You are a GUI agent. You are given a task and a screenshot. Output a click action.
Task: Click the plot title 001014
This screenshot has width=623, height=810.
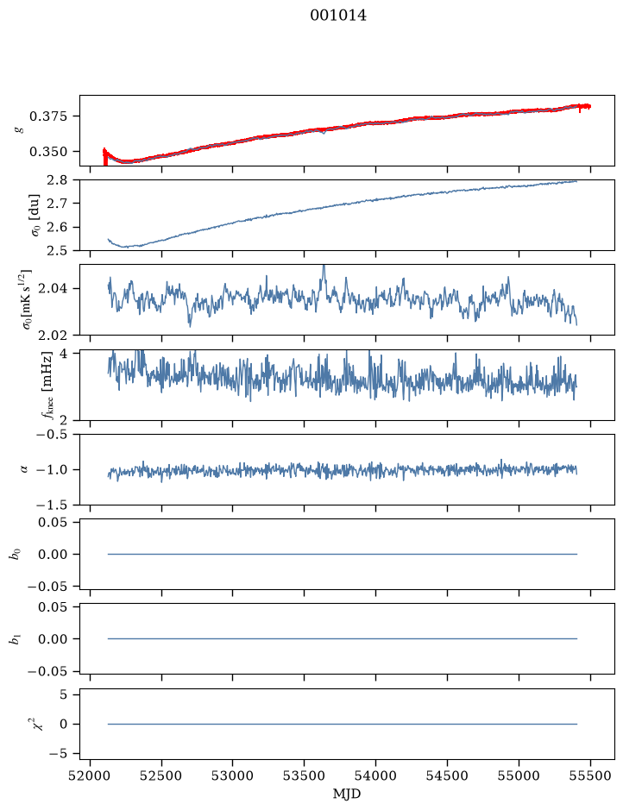[x=338, y=16]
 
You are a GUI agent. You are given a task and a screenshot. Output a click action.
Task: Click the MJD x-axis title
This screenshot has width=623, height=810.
[x=347, y=794]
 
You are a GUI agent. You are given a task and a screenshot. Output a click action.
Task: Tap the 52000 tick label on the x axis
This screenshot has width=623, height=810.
[x=91, y=775]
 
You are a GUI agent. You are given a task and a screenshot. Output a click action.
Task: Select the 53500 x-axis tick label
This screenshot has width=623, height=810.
[x=305, y=775]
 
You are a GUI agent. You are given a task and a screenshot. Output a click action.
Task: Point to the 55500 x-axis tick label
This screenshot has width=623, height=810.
[x=590, y=775]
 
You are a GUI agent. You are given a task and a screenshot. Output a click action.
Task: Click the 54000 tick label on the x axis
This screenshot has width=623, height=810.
[x=375, y=775]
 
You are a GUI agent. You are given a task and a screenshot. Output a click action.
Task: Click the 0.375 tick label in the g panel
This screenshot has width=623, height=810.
[x=48, y=116]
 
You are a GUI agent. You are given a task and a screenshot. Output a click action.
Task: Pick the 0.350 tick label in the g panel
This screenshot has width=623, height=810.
[x=48, y=152]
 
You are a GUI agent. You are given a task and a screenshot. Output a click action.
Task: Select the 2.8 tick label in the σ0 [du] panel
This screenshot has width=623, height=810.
[x=56, y=180]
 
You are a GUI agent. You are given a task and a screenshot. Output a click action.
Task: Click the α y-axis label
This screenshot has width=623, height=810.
[x=24, y=469]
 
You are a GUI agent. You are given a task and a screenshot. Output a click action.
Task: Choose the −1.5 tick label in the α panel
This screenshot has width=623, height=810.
[x=52, y=505]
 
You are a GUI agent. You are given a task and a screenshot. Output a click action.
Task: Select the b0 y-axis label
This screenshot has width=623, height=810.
[x=16, y=554]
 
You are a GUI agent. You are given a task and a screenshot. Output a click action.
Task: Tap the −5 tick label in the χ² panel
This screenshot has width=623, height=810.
[x=59, y=754]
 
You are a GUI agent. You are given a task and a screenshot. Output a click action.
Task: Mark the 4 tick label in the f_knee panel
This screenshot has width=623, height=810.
[x=63, y=354]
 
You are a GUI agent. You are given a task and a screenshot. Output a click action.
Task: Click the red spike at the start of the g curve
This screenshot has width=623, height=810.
[x=105, y=156]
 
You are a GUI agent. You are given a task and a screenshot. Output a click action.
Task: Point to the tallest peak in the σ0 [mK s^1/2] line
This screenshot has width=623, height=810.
[x=324, y=267]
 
